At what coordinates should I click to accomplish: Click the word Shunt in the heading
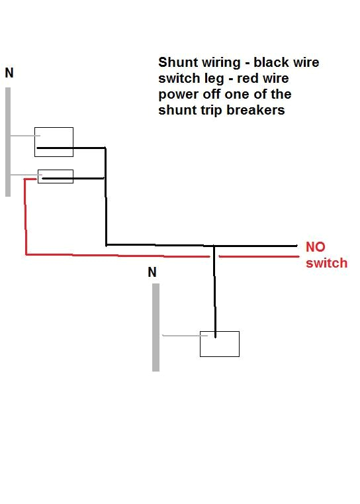pos(177,63)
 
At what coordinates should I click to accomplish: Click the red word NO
pos(316,247)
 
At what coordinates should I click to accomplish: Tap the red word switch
pos(326,263)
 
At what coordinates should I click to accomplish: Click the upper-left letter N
pos(9,74)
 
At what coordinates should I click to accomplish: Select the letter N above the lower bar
pos(152,272)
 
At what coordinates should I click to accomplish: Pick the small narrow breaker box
pos(56,176)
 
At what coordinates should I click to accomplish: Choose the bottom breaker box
pos(220,344)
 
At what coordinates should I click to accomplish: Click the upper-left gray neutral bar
pos(8,142)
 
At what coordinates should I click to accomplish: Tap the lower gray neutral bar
pos(156,327)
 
